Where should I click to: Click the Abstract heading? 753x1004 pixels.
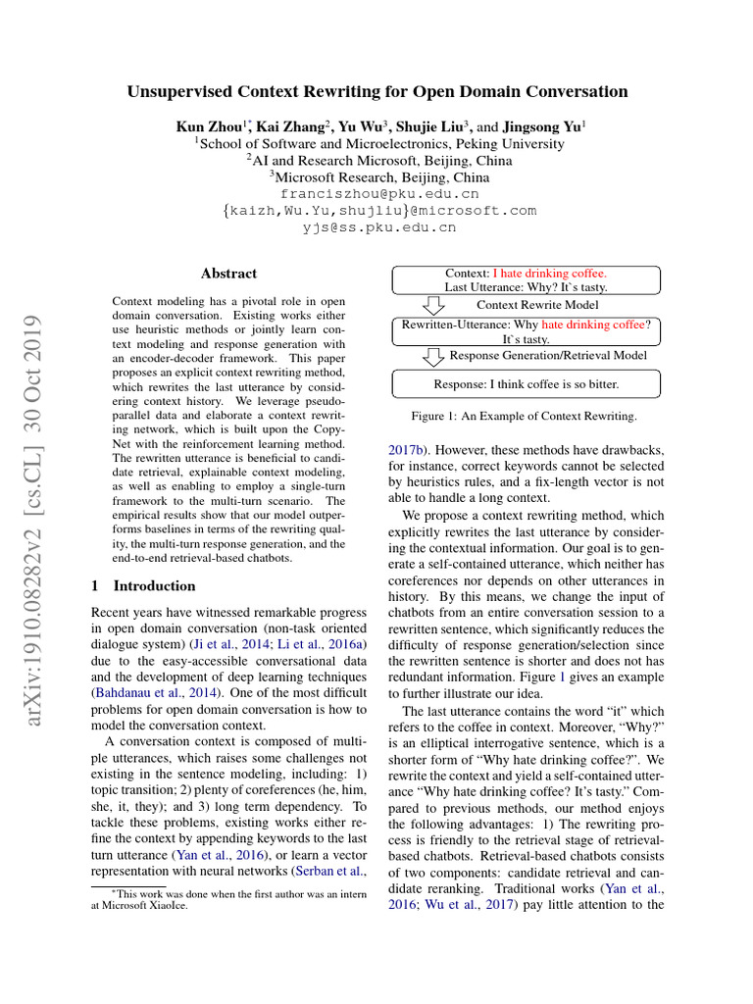coord(228,274)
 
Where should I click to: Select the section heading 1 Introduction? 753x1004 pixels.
coord(143,586)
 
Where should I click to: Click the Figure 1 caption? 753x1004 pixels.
coord(524,417)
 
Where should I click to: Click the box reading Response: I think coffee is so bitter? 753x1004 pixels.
coord(526,383)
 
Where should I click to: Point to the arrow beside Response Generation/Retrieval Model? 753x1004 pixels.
coord(432,355)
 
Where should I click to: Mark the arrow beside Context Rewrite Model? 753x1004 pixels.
coord(432,305)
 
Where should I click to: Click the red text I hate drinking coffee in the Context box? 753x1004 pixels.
coord(549,273)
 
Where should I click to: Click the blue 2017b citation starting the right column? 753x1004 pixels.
coord(407,452)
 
